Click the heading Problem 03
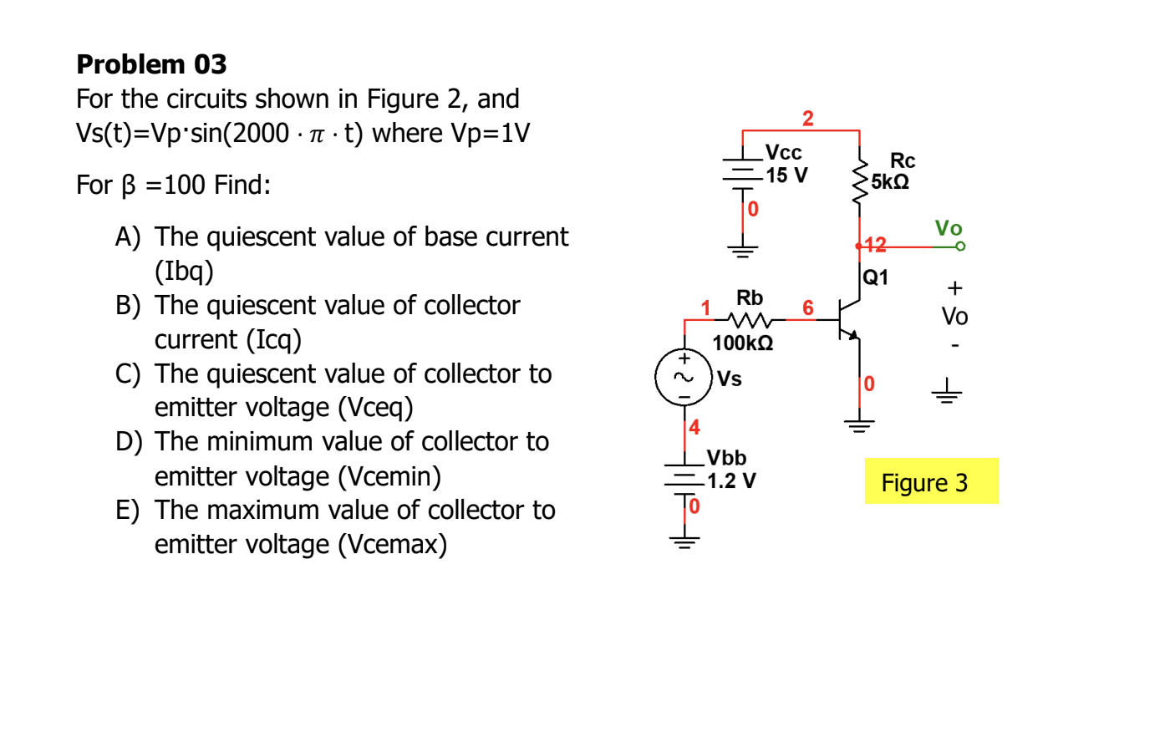point(151,64)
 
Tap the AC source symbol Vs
point(684,378)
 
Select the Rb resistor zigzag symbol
point(750,320)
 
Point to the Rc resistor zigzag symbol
point(859,182)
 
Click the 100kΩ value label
point(742,343)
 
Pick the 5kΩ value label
point(890,182)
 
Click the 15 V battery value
point(786,175)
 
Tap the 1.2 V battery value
point(731,481)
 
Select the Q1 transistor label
point(875,277)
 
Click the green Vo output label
point(949,228)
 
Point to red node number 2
point(807,119)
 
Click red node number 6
point(807,308)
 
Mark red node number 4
point(694,428)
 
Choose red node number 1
point(705,308)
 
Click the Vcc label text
point(783,153)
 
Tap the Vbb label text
point(726,458)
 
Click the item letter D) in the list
point(129,442)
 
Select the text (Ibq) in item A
point(184,272)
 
